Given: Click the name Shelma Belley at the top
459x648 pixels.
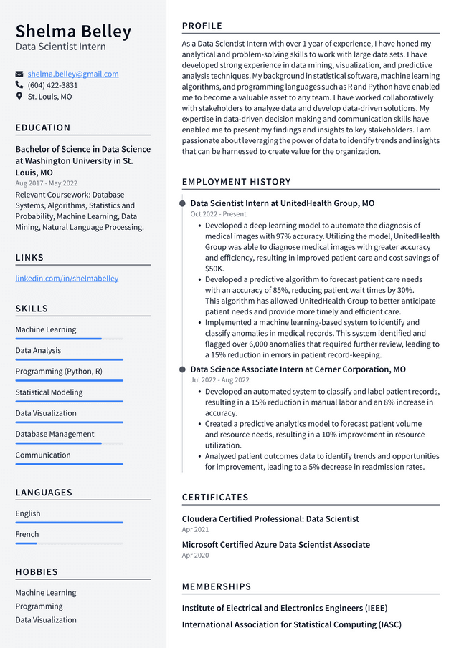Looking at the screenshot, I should [74, 32].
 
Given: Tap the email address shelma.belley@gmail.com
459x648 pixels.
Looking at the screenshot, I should [73, 74].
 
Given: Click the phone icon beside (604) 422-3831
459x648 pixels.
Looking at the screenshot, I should [19, 85].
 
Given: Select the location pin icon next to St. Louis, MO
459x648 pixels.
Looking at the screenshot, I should [19, 96].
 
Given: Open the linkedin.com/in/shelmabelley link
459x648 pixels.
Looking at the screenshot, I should [67, 278].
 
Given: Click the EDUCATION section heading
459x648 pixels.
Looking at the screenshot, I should [43, 127].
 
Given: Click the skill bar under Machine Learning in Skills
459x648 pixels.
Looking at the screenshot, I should [69, 339].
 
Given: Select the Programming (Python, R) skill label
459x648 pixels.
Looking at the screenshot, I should [59, 372].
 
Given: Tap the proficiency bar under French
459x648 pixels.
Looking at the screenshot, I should [69, 543].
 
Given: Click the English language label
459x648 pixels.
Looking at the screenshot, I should [28, 513].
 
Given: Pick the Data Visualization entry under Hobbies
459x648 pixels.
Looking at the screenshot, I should [46, 620].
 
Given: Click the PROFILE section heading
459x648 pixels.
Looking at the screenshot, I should [202, 26].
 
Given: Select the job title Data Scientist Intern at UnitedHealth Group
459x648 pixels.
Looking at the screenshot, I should [282, 203].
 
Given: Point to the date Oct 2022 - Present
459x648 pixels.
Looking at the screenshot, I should [218, 214].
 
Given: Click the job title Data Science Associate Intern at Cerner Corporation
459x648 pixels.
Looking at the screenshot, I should [298, 369].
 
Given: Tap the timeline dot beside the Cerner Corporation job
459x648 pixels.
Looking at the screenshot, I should [182, 369].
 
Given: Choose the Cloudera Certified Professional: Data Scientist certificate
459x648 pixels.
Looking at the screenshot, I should [270, 518].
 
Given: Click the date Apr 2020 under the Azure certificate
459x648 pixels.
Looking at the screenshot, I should [195, 556].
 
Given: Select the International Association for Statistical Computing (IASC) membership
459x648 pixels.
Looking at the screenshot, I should [290, 624].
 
